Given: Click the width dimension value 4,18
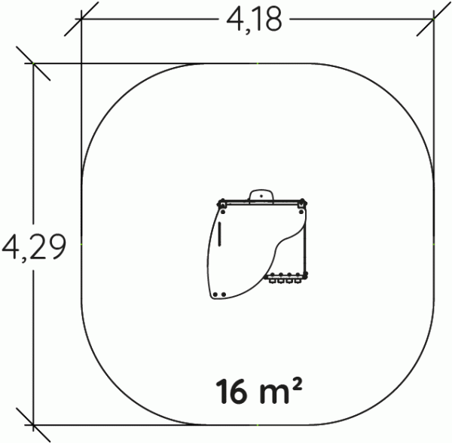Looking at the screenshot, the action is (254, 20).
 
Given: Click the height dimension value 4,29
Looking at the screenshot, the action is (34, 246).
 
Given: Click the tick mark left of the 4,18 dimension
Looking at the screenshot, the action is (81, 19).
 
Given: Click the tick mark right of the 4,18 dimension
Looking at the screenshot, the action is (434, 19).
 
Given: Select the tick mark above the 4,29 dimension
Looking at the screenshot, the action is (33, 63).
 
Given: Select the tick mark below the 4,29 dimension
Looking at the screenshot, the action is (33, 425).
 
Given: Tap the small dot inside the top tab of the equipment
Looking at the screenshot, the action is (261, 196).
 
